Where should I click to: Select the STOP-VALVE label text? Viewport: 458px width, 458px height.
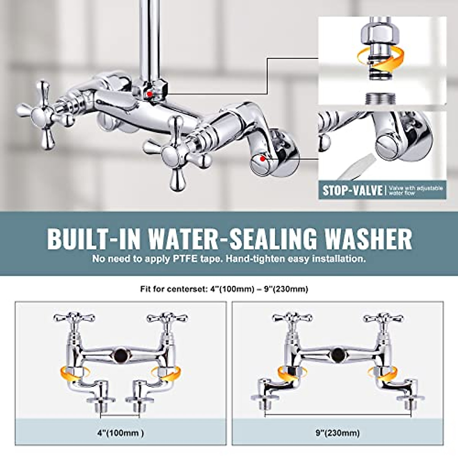point(352,190)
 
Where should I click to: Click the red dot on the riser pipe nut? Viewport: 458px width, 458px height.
point(150,93)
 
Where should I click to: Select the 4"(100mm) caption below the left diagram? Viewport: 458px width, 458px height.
point(121,433)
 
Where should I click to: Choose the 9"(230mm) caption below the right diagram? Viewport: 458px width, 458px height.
point(338,433)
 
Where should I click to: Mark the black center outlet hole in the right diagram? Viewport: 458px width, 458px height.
point(338,355)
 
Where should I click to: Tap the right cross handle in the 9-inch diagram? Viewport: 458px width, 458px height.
point(383,318)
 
